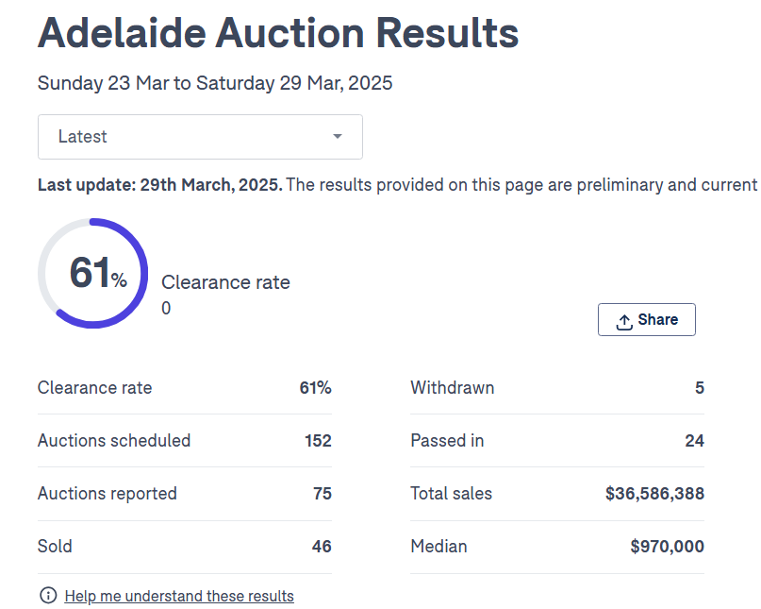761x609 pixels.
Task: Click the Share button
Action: (x=647, y=320)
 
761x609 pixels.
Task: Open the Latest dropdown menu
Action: (x=200, y=137)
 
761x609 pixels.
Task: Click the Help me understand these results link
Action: (x=179, y=596)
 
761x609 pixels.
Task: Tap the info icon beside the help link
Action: (x=48, y=596)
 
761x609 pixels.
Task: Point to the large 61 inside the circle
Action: (x=91, y=273)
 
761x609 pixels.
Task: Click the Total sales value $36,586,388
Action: (x=654, y=494)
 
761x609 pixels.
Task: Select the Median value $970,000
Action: (x=667, y=547)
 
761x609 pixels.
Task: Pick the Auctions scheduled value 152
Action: (x=317, y=441)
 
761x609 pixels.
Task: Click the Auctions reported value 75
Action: (x=322, y=494)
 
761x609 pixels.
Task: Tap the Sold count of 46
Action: (x=322, y=547)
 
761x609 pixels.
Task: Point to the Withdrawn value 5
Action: (x=699, y=388)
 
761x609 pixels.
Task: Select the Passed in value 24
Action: (x=694, y=441)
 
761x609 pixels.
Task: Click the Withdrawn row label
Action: (x=452, y=388)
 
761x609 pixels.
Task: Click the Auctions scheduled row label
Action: (x=114, y=441)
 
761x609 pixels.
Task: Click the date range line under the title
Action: (x=215, y=83)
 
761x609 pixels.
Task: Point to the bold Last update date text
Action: (x=159, y=185)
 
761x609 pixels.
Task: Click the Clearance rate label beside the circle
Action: (x=225, y=282)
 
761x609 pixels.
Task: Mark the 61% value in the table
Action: (x=315, y=388)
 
